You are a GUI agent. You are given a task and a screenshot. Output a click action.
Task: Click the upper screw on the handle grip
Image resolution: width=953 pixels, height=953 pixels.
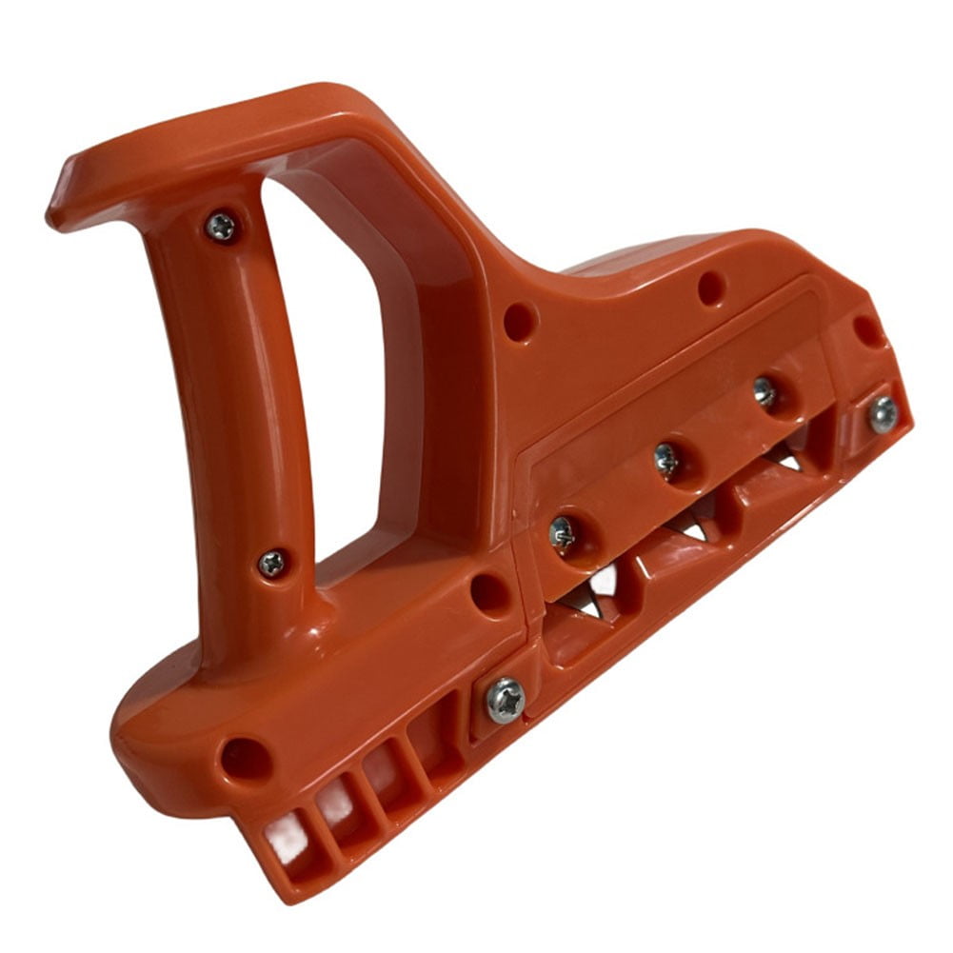(221, 226)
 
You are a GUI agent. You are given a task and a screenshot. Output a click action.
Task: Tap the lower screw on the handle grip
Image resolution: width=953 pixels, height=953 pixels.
(272, 563)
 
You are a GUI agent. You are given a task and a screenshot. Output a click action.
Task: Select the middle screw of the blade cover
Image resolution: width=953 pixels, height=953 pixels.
(667, 460)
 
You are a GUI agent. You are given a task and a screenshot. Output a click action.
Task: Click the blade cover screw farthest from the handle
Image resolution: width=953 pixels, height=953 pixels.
(764, 391)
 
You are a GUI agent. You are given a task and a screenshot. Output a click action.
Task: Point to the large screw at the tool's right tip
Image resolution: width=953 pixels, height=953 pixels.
(883, 414)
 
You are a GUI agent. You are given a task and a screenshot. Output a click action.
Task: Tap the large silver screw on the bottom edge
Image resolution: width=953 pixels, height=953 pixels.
(505, 700)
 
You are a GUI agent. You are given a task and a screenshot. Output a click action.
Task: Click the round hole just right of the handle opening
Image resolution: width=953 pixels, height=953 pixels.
(520, 322)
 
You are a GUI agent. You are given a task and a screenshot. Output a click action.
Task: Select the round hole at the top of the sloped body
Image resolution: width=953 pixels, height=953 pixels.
(711, 288)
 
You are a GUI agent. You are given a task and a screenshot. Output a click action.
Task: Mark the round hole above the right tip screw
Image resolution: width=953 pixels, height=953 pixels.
(867, 330)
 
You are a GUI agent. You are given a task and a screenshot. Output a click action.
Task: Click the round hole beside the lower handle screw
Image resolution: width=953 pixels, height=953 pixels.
(490, 593)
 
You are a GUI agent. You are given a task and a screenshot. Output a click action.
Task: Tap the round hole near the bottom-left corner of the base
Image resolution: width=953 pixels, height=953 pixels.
(246, 759)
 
